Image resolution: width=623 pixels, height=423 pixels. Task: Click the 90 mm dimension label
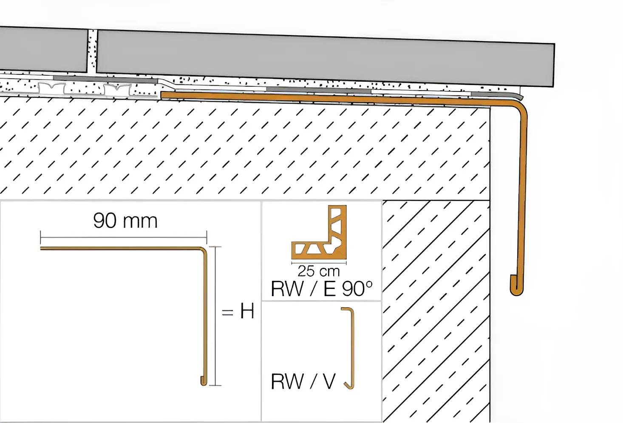click(125, 221)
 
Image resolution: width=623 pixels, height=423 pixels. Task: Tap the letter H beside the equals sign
click(247, 312)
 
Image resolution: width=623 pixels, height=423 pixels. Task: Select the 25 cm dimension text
click(319, 271)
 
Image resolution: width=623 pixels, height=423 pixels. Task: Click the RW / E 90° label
click(322, 289)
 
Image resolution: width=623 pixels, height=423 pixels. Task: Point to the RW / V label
click(303, 382)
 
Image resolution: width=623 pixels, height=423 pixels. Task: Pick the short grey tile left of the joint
click(43, 49)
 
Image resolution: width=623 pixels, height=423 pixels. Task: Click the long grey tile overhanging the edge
click(326, 58)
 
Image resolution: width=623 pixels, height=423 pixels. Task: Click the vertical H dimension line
click(216, 316)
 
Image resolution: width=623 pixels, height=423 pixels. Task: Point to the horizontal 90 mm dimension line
click(124, 237)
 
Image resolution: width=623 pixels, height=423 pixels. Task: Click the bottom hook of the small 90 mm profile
click(204, 381)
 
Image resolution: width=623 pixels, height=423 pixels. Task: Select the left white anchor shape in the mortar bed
click(52, 89)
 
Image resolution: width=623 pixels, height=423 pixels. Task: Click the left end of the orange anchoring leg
click(161, 95)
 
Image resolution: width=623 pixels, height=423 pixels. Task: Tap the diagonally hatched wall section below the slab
click(436, 312)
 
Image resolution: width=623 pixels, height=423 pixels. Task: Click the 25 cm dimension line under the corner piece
click(319, 262)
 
